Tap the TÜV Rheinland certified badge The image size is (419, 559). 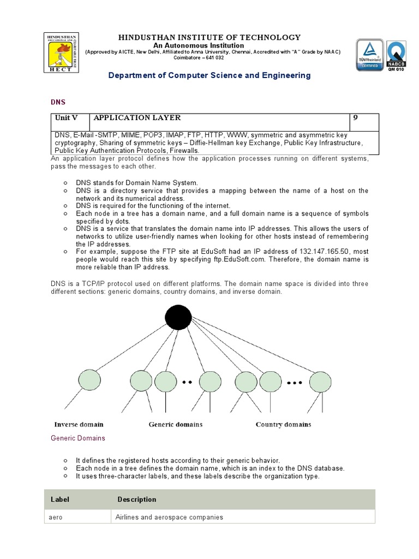pos(370,55)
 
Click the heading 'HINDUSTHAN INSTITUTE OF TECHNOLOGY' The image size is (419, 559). pos(209,37)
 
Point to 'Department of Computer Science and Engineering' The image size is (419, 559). pos(209,75)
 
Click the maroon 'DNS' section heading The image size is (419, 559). pos(58,102)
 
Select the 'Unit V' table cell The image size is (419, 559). pos(67,118)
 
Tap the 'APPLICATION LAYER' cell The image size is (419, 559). pos(137,118)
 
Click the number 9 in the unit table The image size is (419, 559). pos(356,118)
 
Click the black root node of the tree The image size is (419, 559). pos(178,317)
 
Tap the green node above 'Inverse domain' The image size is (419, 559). pos(90,381)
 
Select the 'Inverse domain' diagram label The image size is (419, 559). pos(79,424)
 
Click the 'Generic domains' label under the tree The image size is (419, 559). pos(176,424)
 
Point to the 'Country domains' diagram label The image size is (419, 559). pos(283,424)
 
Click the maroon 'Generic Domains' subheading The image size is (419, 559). pos(78,438)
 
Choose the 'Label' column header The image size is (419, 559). pos(60,499)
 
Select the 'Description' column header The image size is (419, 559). pos(136,499)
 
